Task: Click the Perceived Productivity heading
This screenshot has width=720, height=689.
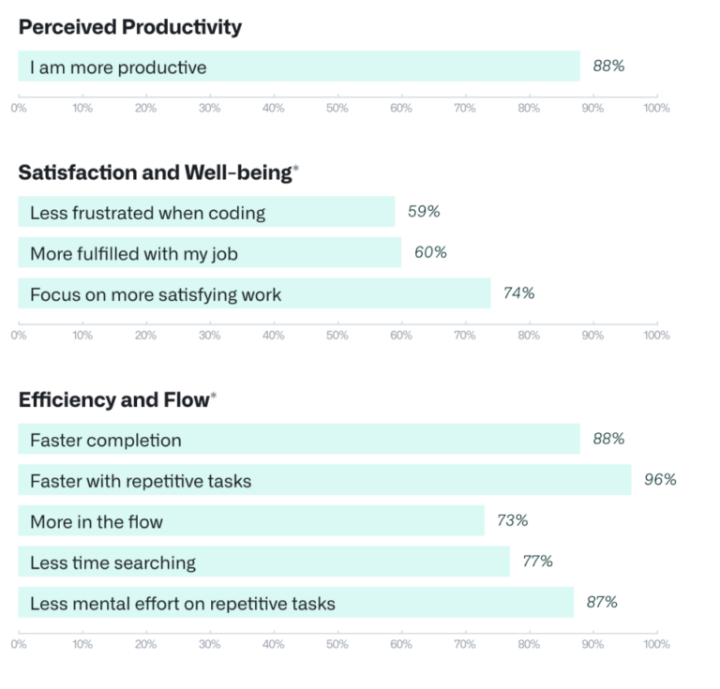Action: pyautogui.click(x=129, y=27)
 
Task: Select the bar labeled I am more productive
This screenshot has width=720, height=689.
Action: pyautogui.click(x=298, y=67)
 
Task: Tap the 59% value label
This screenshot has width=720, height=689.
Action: pyautogui.click(x=424, y=212)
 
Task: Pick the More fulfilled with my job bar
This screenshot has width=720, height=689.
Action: pyautogui.click(x=209, y=253)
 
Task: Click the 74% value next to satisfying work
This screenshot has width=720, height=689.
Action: pyautogui.click(x=518, y=293)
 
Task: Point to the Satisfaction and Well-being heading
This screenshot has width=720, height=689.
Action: pyautogui.click(x=155, y=172)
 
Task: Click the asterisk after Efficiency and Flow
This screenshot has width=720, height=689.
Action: pyautogui.click(x=214, y=397)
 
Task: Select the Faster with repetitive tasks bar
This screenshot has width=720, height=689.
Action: pyautogui.click(x=323, y=480)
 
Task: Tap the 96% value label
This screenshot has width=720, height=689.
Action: pyautogui.click(x=660, y=480)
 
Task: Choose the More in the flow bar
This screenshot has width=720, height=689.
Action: pyautogui.click(x=250, y=521)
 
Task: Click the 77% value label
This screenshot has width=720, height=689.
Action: pyautogui.click(x=537, y=562)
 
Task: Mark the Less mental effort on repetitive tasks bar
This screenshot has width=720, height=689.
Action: pyautogui.click(x=295, y=603)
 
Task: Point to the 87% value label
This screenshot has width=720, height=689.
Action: pyautogui.click(x=602, y=603)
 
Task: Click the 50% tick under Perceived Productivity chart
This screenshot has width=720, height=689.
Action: pyautogui.click(x=337, y=109)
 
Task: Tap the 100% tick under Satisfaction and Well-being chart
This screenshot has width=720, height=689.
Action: pyautogui.click(x=656, y=336)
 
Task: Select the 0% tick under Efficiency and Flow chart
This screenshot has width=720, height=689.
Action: pyautogui.click(x=19, y=645)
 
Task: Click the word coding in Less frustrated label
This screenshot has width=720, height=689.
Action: pyautogui.click(x=238, y=213)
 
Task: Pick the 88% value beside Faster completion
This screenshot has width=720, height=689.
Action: pyautogui.click(x=608, y=439)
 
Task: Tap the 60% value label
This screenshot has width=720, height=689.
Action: pyautogui.click(x=430, y=252)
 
